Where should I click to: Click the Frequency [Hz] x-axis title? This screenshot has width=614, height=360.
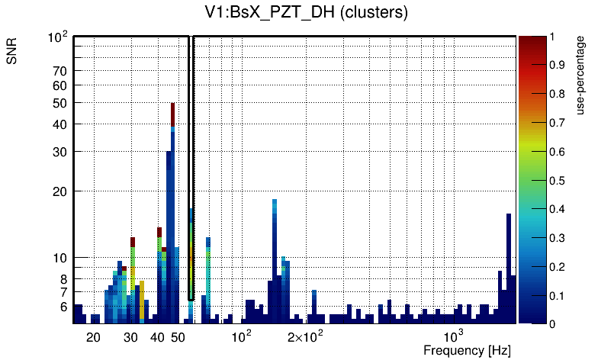(x=467, y=351)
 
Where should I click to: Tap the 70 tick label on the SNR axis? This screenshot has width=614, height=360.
(x=60, y=71)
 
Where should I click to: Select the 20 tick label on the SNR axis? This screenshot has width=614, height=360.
(x=60, y=191)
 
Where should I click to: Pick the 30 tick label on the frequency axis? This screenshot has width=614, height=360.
(x=131, y=337)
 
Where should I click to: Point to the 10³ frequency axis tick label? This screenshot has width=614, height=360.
(x=454, y=336)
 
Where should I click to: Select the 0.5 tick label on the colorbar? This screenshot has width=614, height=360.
(x=558, y=181)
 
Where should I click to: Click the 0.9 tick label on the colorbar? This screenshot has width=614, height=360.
(x=558, y=66)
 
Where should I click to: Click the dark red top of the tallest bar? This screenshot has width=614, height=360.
(x=173, y=114)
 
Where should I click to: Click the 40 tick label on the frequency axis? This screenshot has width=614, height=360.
(x=158, y=337)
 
